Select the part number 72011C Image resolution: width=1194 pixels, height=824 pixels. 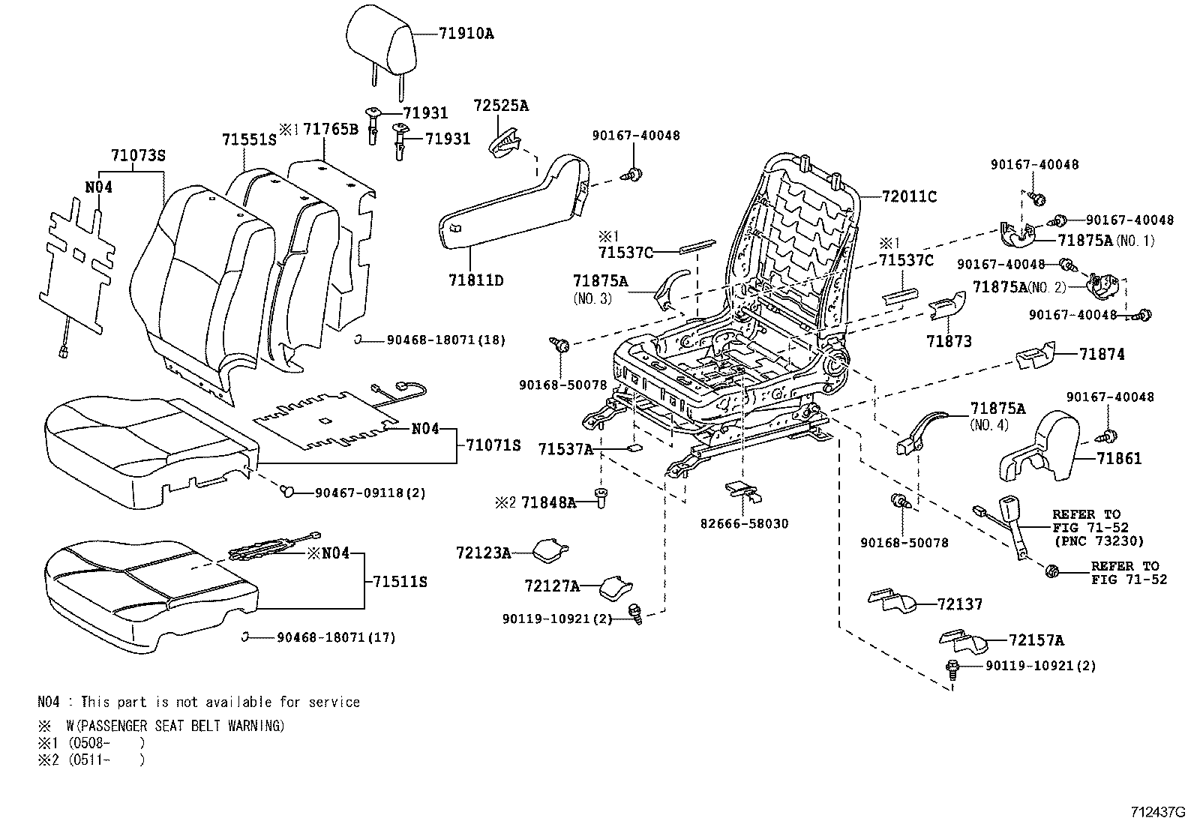coord(909,196)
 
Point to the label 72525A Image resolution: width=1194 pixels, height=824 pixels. coord(500,106)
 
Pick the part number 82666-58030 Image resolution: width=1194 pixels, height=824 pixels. coord(744,523)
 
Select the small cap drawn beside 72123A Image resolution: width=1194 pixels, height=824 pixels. coord(550,551)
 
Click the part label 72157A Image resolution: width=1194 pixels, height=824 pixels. coord(1036,640)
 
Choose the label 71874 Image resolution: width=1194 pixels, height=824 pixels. coord(1102,354)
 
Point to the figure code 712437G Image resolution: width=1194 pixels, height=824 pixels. coord(1157,812)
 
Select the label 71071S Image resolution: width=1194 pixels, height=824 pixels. coord(492,445)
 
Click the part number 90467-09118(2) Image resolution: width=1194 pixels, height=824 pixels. coord(370,493)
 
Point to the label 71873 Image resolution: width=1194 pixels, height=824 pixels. coord(948,341)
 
